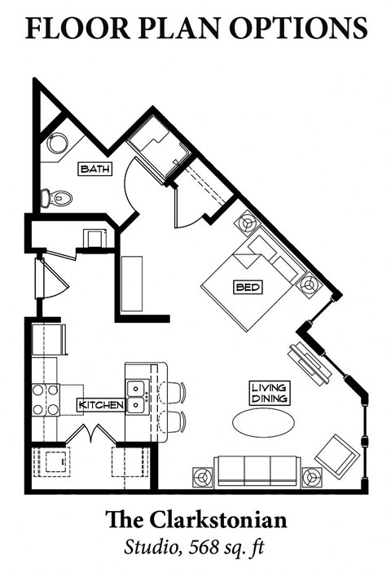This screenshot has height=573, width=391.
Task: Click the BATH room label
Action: point(94,169)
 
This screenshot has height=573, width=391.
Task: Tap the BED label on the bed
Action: point(248,287)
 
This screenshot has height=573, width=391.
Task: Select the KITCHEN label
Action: point(101,405)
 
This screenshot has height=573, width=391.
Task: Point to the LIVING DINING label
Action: point(268,393)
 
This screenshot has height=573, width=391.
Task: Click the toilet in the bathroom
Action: point(57,196)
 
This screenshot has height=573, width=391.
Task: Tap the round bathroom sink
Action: point(57,143)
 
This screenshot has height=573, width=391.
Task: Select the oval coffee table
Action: point(260,422)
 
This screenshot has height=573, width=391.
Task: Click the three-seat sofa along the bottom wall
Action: point(256,471)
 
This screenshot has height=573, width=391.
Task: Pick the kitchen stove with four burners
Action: point(46,399)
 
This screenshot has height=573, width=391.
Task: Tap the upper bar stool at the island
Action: point(174,392)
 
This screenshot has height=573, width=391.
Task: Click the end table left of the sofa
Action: point(203,477)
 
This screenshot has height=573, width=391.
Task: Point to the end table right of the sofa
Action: point(310,478)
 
